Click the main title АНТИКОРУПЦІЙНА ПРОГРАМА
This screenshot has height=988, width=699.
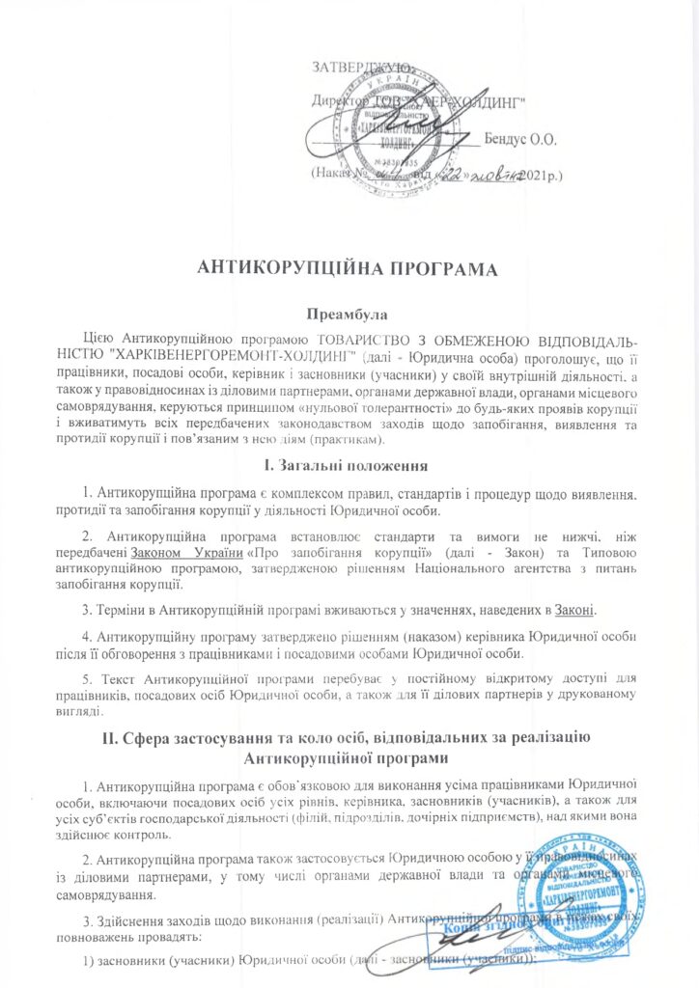pos(349,269)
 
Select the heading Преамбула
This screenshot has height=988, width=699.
pos(349,315)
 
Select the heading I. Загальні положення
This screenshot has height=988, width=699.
pos(349,467)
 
